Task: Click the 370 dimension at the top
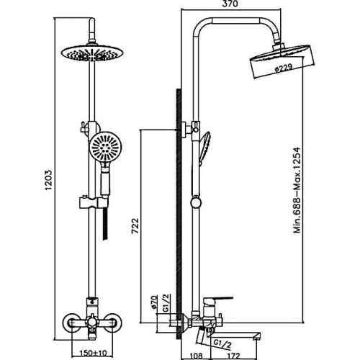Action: click(x=231, y=4)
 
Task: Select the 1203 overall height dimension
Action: click(x=48, y=180)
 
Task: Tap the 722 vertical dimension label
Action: click(x=135, y=225)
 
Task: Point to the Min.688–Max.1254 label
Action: click(x=297, y=190)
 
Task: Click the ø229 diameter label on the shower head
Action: click(x=283, y=68)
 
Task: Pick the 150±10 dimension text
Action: click(x=93, y=353)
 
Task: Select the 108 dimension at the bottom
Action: click(x=196, y=356)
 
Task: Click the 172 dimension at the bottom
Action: click(x=233, y=356)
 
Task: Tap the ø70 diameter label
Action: click(x=154, y=302)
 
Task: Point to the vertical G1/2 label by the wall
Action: click(x=166, y=303)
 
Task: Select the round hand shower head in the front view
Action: click(x=106, y=146)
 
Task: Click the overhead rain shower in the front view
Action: click(x=92, y=53)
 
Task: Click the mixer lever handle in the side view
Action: click(x=217, y=300)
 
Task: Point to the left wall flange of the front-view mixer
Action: click(x=71, y=324)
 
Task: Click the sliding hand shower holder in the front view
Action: click(x=93, y=203)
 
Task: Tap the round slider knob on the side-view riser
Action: click(x=197, y=202)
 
